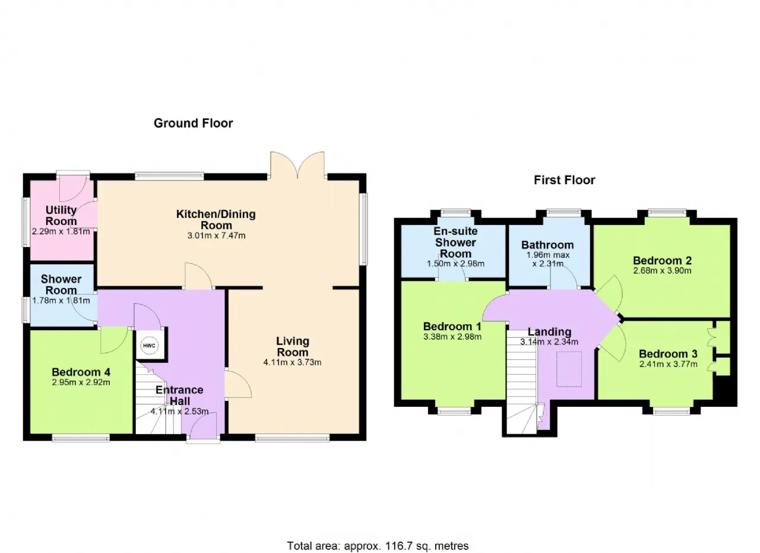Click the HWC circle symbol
149,346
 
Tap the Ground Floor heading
194,123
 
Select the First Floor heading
565,180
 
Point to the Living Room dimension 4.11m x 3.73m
293,362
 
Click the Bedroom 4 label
81,372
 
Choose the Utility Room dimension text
61,232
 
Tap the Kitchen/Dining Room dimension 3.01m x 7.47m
217,236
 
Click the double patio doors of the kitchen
297,165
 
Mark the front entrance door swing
203,426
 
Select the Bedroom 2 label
662,261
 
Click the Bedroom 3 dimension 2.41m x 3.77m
669,365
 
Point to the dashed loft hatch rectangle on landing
569,369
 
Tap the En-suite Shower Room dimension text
455,264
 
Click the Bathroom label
547,245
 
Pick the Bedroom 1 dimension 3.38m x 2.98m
452,337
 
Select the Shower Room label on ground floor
61,285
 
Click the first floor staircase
522,381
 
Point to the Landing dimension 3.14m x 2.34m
549,342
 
